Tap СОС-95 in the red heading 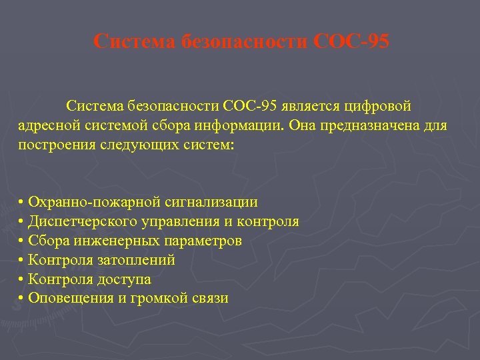(x=351, y=41)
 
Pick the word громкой (x=151, y=299)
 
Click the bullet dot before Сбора (x=22, y=241)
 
